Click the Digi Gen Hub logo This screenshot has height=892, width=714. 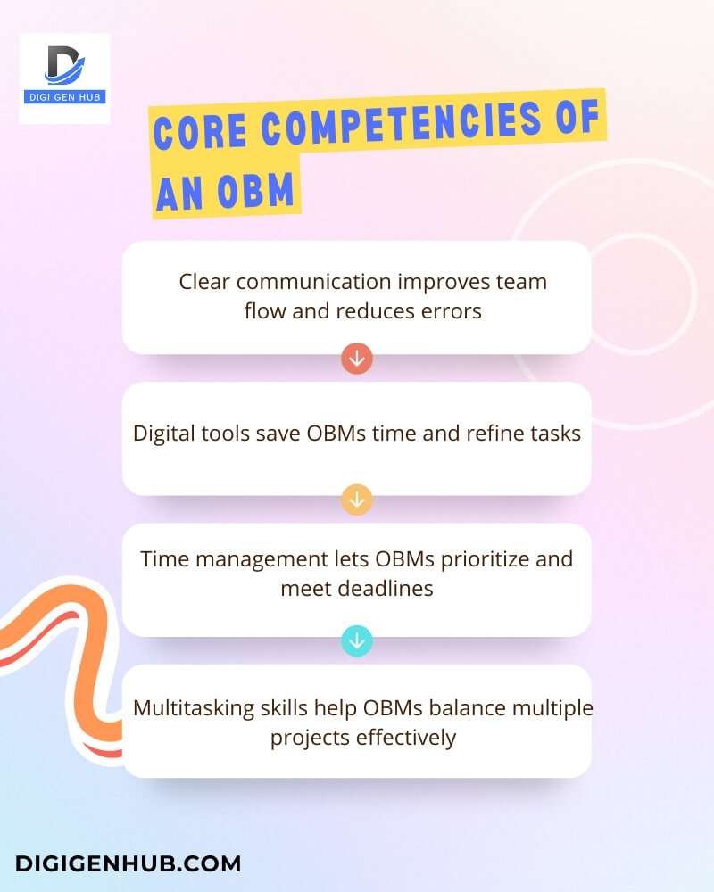coord(64,78)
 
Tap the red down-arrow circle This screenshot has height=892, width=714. coord(357,359)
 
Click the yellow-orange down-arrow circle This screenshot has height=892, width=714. coord(357,500)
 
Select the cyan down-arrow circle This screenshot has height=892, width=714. coord(357,640)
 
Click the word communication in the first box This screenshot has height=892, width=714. coord(315,282)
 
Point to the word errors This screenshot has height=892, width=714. coord(453,311)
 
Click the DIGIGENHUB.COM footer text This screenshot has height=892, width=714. coord(128,863)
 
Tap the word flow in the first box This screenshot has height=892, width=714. coord(264,311)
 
